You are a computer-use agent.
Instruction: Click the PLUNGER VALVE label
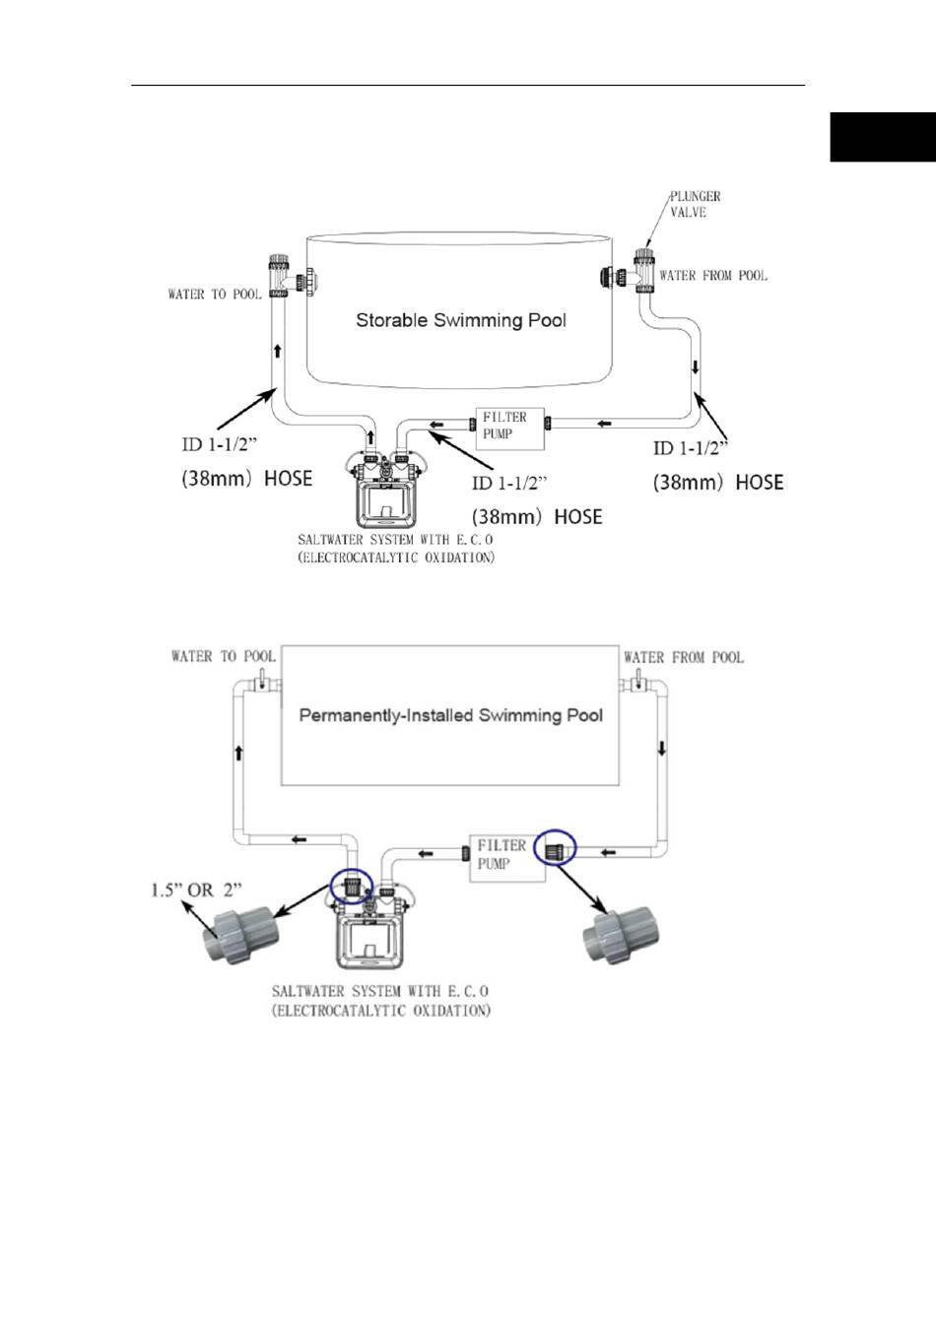coord(695,204)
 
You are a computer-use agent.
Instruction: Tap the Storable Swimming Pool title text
coord(460,320)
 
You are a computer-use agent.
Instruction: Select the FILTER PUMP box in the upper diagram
coord(509,429)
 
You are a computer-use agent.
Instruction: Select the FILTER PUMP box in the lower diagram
coord(506,858)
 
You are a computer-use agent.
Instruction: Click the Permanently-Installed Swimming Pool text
coord(450,715)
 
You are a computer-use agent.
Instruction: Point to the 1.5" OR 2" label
coord(196,890)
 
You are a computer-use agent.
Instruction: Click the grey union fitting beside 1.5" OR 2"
coord(241,935)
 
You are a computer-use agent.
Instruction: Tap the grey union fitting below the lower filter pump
coord(621,937)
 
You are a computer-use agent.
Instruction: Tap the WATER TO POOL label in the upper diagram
coord(215,295)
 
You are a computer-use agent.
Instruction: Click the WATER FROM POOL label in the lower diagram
coord(684,657)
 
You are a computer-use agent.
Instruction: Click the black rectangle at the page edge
coord(883,137)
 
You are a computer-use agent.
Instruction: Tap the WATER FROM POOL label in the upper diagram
coord(713,276)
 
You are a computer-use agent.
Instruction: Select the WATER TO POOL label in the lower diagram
coord(224,656)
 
